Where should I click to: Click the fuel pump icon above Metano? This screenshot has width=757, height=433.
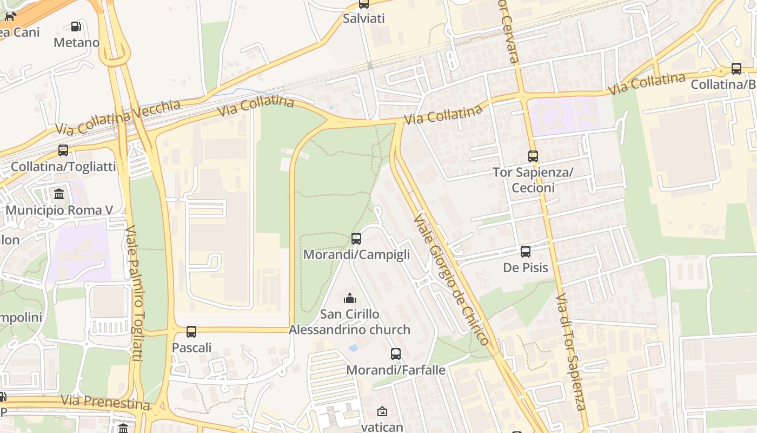point(76,26)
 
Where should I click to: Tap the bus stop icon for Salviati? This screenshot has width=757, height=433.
point(364,4)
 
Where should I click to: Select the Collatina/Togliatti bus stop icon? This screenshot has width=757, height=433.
point(63,150)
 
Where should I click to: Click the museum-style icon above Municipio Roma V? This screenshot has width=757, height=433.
point(59,194)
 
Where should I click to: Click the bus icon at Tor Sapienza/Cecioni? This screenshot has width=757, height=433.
point(533,156)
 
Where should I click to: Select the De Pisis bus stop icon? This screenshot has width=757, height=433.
point(526,252)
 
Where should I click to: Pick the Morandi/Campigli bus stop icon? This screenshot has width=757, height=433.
point(356,239)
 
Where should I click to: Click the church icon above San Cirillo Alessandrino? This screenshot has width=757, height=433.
point(350,298)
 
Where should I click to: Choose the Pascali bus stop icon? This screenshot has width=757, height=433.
point(191,332)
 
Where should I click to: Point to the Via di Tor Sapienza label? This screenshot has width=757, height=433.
point(571,352)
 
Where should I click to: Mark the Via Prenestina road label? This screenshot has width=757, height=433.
point(105,402)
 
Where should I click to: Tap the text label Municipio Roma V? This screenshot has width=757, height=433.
point(59,210)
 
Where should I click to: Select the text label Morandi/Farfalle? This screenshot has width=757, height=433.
point(396,370)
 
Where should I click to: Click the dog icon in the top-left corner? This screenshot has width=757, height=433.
point(10,16)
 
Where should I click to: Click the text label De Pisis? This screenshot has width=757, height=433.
point(526,268)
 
